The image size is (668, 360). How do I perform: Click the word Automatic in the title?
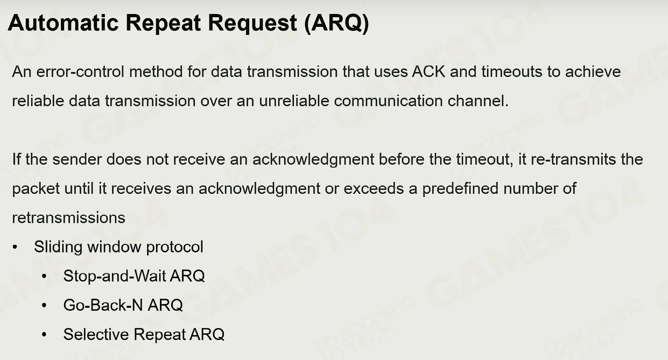click(63, 23)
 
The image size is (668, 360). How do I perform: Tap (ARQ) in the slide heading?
click(336, 24)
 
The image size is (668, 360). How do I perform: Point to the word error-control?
click(80, 72)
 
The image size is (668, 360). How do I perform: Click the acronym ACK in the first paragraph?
click(428, 72)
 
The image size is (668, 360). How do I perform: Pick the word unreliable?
click(294, 101)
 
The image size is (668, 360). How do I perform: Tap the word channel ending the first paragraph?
click(478, 101)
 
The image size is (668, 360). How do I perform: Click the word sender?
click(77, 159)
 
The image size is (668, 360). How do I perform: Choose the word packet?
click(36, 189)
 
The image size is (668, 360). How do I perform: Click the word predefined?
click(460, 188)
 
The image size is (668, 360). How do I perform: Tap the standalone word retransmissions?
click(68, 218)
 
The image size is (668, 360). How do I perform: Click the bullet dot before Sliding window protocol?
click(15, 247)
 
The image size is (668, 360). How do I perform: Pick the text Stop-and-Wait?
click(114, 276)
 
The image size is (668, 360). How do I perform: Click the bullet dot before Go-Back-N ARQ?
click(44, 305)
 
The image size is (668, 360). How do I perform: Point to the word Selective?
click(96, 334)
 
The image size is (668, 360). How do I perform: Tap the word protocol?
click(174, 247)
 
